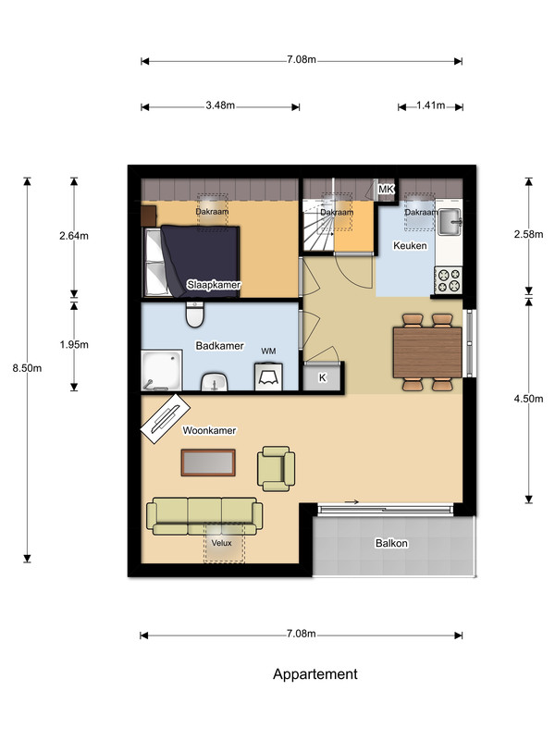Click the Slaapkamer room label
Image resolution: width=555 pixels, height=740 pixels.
click(214, 285)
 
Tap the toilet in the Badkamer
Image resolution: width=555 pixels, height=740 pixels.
click(195, 314)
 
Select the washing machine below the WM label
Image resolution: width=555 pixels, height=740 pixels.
click(268, 376)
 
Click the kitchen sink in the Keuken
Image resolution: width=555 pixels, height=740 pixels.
click(450, 222)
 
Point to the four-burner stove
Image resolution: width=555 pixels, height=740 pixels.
click(448, 280)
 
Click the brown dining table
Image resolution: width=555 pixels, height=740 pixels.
click(427, 352)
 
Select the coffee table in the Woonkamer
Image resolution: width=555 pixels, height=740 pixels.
click(209, 462)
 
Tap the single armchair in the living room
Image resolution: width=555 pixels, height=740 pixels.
click(276, 469)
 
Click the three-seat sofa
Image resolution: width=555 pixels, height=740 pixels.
click(204, 516)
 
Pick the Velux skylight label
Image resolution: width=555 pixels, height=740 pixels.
click(221, 543)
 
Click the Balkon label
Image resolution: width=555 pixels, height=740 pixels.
click(391, 543)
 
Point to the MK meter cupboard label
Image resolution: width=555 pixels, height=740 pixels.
click(386, 190)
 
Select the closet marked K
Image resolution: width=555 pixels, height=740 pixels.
click(323, 377)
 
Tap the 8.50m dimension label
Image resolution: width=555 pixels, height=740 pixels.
click(27, 368)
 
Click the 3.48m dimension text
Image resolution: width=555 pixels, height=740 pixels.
click(220, 105)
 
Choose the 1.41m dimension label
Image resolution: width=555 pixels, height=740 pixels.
click(430, 105)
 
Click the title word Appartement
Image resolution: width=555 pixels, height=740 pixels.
click(315, 674)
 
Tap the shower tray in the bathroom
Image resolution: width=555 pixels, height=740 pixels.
click(162, 370)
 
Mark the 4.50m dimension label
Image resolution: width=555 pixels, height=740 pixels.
click(528, 399)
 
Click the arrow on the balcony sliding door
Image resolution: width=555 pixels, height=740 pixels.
click(351, 501)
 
